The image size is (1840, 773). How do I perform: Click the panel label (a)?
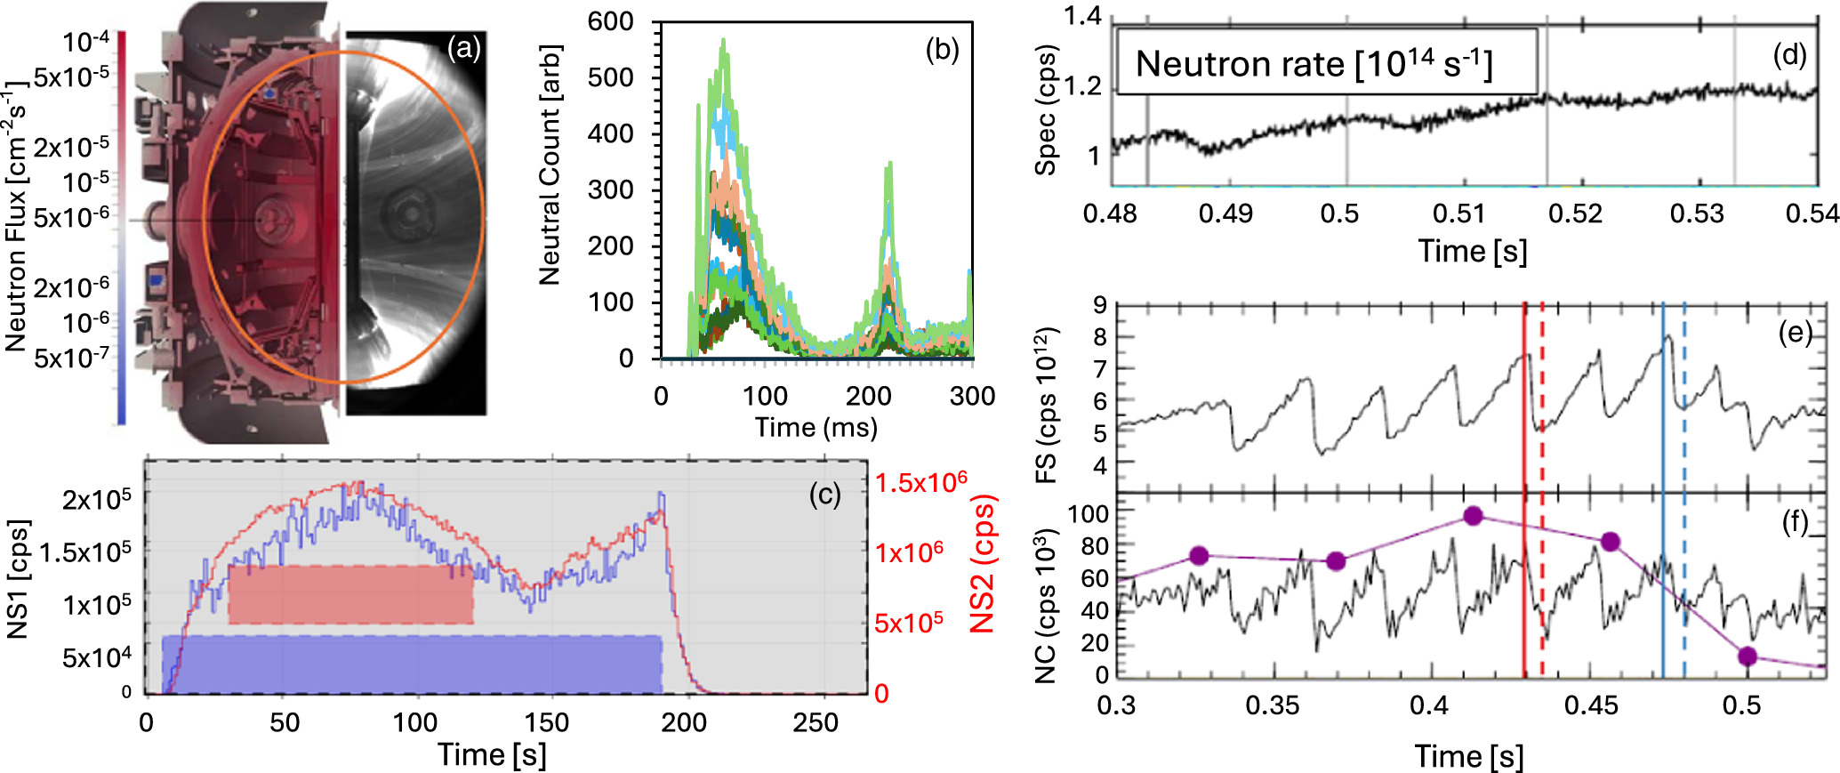tap(463, 47)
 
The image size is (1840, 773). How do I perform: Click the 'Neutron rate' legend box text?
tap(1314, 64)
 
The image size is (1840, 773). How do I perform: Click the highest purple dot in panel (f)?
tap(1473, 515)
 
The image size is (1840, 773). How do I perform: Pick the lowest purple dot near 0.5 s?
tap(1748, 656)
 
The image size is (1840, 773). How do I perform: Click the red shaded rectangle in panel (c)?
tap(350, 594)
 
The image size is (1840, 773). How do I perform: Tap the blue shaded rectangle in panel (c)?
tap(411, 664)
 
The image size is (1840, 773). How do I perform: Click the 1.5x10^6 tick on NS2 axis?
tap(920, 483)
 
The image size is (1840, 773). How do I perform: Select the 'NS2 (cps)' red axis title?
tap(982, 564)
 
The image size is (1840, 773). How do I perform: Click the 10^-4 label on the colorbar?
tap(85, 42)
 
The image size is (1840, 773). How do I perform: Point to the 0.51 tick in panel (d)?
tap(1458, 213)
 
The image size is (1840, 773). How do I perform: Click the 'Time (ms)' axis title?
tap(816, 428)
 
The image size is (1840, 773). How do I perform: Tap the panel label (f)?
tap(1795, 523)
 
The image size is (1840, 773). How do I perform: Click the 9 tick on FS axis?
tap(1100, 306)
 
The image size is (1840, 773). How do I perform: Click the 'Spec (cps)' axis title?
tap(1046, 109)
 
